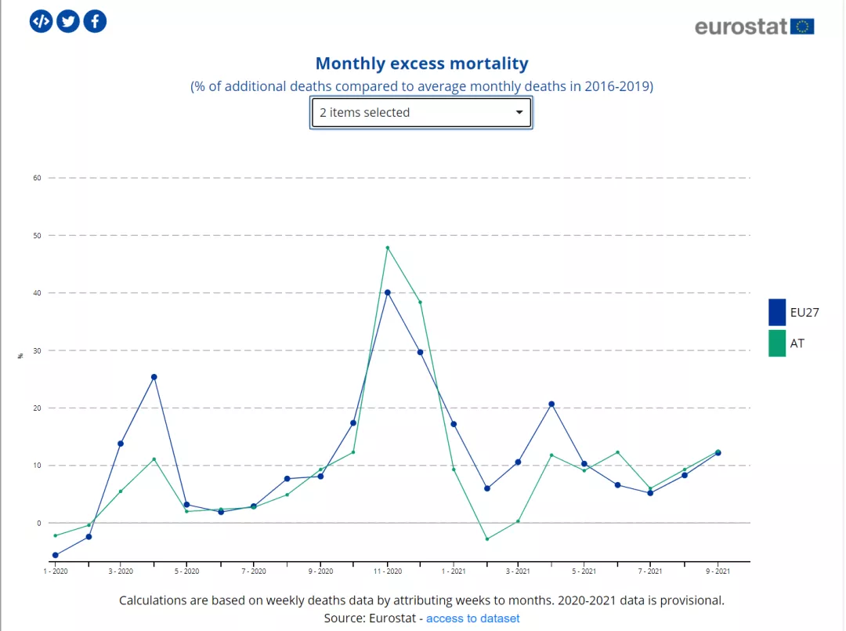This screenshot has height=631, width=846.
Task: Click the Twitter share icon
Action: [68, 21]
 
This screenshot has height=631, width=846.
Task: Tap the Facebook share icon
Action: [95, 21]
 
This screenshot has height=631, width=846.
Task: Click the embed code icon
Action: [41, 21]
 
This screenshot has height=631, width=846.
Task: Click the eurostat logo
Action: [754, 26]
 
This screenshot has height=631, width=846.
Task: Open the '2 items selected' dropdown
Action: [421, 113]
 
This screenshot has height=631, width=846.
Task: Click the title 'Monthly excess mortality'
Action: [421, 63]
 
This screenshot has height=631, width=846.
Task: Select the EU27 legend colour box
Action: [777, 312]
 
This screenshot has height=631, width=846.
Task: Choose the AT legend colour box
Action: [777, 343]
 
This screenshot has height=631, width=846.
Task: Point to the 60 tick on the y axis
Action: [37, 178]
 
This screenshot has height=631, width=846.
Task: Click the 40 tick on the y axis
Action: [37, 293]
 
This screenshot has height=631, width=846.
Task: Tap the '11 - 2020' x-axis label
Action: [387, 571]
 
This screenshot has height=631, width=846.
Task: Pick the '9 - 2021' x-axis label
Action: [718, 571]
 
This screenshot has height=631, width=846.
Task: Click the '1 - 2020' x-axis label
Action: [55, 571]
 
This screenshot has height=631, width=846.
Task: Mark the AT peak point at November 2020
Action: [387, 248]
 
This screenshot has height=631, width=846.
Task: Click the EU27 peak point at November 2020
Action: [387, 292]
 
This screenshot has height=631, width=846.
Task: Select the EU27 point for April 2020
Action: [154, 377]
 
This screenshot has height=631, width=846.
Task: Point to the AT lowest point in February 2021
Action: [486, 539]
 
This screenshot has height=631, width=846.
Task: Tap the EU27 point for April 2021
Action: [551, 404]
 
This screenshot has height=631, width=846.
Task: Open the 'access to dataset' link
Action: [472, 618]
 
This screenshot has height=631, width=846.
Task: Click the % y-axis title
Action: [20, 356]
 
